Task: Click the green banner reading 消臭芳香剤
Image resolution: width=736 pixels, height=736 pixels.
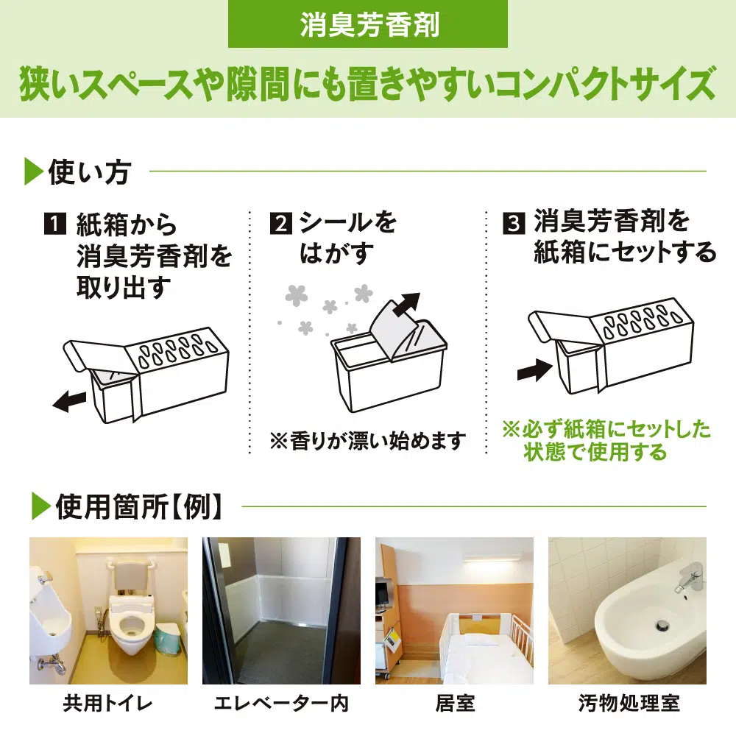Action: (x=367, y=24)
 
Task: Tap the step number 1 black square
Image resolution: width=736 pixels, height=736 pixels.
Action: (x=55, y=224)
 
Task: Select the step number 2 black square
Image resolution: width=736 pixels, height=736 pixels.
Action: (x=280, y=224)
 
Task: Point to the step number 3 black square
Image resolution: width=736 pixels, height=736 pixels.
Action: (x=514, y=224)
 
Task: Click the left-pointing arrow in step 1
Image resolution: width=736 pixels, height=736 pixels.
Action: (x=69, y=402)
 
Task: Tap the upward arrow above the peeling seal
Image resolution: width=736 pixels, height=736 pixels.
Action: (x=407, y=305)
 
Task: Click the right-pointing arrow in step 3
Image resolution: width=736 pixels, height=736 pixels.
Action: (x=534, y=371)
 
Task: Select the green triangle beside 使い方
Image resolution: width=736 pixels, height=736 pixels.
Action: (x=34, y=171)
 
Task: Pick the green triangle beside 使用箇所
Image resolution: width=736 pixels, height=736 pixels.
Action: (x=40, y=507)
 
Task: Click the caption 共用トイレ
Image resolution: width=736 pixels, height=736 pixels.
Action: (x=108, y=704)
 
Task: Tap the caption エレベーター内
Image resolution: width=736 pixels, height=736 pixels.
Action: (x=282, y=704)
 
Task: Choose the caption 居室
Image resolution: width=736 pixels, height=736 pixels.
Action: (x=455, y=704)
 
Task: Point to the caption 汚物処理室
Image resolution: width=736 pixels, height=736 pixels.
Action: (x=629, y=704)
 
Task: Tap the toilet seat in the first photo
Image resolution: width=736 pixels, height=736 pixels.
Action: (x=132, y=623)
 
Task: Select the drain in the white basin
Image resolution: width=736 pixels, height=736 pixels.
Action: (x=662, y=625)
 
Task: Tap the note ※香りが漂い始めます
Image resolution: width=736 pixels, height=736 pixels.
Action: (x=367, y=441)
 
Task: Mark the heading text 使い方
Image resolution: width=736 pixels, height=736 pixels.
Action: (x=89, y=171)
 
